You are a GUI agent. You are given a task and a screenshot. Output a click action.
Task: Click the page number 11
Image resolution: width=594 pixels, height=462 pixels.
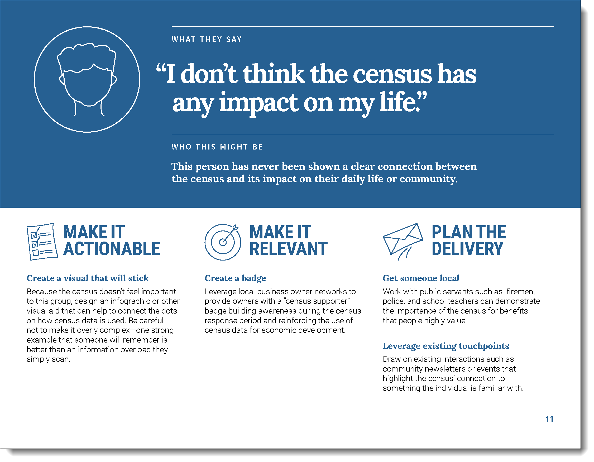point(549,419)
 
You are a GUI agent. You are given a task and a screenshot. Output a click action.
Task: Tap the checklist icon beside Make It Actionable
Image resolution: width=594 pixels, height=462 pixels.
point(42,242)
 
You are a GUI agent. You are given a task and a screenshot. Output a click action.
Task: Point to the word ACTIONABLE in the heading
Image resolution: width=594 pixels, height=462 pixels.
point(112,249)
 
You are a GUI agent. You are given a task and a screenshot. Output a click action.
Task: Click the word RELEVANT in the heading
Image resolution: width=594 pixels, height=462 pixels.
point(289,249)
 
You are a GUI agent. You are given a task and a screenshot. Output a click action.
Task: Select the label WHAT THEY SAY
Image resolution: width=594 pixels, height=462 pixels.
point(207,40)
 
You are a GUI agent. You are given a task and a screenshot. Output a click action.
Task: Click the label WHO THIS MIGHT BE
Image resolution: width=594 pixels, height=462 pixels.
point(217,147)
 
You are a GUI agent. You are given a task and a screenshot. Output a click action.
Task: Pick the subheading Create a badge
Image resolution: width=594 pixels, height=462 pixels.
point(235,278)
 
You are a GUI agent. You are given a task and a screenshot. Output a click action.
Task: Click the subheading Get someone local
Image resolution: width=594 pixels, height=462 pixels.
point(421,278)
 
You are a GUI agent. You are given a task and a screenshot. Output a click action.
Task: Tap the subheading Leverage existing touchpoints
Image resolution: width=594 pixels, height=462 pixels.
point(446,346)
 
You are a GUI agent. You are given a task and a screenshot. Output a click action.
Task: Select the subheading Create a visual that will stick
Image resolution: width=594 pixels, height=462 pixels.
point(88,278)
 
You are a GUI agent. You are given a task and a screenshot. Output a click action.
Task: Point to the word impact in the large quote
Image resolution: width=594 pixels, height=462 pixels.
point(259,103)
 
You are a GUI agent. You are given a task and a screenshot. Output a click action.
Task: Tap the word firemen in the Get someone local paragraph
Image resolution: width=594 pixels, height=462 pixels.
point(521,291)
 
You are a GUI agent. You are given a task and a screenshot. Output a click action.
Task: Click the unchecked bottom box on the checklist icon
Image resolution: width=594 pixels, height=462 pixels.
point(36,253)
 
